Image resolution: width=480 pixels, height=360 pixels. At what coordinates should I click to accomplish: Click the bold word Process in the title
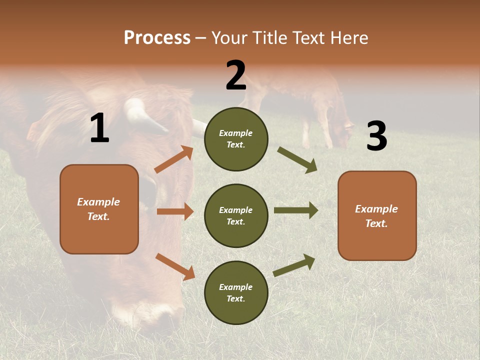pyautogui.click(x=157, y=38)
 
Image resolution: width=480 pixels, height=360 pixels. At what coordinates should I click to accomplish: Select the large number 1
pyautogui.click(x=99, y=128)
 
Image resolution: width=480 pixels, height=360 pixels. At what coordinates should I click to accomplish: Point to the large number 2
pyautogui.click(x=236, y=75)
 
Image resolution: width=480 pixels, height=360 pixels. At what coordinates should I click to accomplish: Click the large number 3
pyautogui.click(x=376, y=136)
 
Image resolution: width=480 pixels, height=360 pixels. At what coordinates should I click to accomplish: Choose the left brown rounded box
pyautogui.click(x=99, y=209)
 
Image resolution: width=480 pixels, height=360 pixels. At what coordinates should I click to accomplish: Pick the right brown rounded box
pyautogui.click(x=377, y=215)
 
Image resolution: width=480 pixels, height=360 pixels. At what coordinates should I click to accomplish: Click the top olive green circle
pyautogui.click(x=236, y=139)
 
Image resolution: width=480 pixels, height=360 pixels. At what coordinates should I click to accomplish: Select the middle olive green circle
pyautogui.click(x=236, y=215)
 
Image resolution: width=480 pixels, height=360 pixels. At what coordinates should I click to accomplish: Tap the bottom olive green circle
pyautogui.click(x=236, y=292)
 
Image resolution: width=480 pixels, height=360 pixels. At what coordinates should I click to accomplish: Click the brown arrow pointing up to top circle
pyautogui.click(x=174, y=159)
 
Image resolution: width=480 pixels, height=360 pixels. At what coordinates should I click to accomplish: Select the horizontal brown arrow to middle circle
pyautogui.click(x=175, y=211)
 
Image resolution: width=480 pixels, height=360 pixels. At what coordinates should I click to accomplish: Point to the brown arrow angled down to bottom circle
pyautogui.click(x=175, y=266)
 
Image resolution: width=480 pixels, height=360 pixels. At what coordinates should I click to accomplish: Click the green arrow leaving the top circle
pyautogui.click(x=297, y=160)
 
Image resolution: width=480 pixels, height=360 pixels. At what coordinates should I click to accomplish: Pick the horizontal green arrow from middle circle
pyautogui.click(x=295, y=210)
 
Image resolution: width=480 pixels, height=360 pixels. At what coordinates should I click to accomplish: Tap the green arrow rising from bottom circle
pyautogui.click(x=294, y=265)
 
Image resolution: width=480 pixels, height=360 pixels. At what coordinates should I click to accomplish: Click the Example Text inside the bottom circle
pyautogui.click(x=236, y=292)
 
